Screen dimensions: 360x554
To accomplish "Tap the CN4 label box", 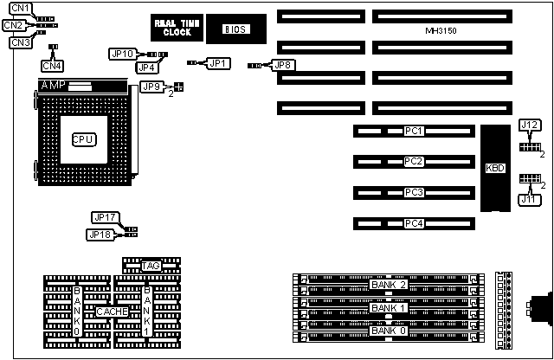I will [x=53, y=64].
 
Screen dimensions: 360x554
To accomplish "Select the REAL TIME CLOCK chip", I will [x=171, y=29].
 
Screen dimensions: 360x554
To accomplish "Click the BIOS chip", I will [x=235, y=29].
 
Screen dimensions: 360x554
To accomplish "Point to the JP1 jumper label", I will [x=219, y=63].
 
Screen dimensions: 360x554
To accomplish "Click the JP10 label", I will [x=121, y=54].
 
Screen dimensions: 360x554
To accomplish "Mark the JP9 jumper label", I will [x=151, y=87].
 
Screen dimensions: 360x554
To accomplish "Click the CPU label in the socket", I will [x=83, y=138].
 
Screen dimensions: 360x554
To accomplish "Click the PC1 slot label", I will [x=413, y=132].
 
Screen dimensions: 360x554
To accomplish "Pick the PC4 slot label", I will [x=413, y=224].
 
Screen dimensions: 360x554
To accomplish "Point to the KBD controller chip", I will [x=495, y=168].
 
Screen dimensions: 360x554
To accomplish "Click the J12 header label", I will [x=530, y=126].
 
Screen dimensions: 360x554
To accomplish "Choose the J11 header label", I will [x=528, y=200].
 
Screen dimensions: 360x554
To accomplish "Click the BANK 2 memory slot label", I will [x=388, y=284].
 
